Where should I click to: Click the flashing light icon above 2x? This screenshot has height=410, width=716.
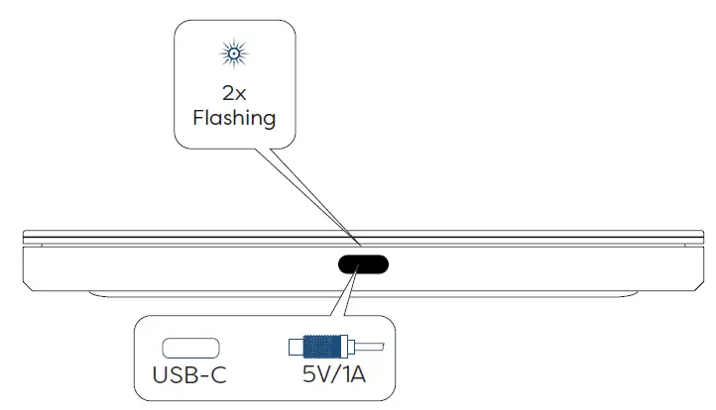pyautogui.click(x=235, y=53)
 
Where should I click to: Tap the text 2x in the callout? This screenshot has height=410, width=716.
pyautogui.click(x=235, y=93)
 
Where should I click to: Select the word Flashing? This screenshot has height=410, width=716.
pyautogui.click(x=235, y=119)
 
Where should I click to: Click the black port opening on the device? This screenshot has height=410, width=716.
pyautogui.click(x=363, y=264)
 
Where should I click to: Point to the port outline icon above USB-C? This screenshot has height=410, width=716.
pyautogui.click(x=191, y=348)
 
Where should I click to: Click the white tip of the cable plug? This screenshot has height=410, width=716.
pyautogui.click(x=296, y=348)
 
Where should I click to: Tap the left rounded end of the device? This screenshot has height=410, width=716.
pyautogui.click(x=27, y=259)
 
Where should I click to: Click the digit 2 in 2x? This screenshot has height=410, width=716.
pyautogui.click(x=228, y=93)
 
